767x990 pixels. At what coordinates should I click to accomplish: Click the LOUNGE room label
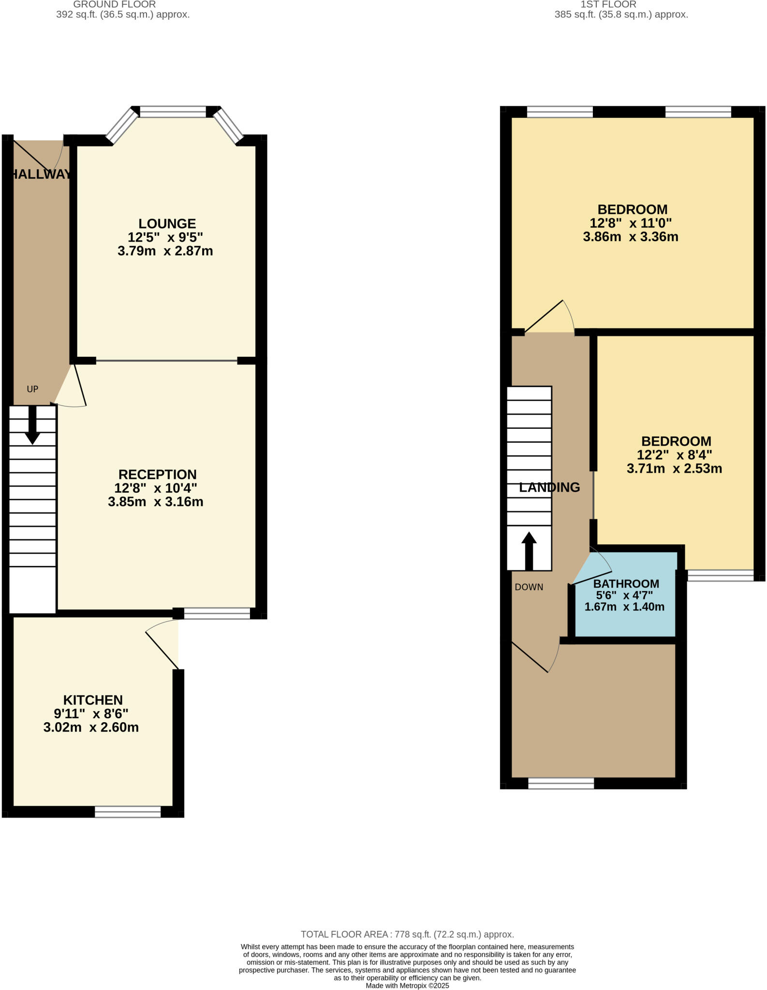pos(167,224)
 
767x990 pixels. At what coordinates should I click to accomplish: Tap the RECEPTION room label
pos(157,474)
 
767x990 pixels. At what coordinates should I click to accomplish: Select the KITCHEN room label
pos(93,700)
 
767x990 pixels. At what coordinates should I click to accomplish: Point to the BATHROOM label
pos(626,583)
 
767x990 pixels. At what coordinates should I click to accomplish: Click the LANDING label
pos(549,487)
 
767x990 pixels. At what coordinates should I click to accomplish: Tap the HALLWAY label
pos(41,175)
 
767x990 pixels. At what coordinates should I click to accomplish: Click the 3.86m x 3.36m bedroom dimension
pos(630,237)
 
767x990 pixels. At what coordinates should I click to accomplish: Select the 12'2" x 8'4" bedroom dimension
pos(674,455)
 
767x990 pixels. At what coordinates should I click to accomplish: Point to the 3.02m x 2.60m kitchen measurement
pos(91,728)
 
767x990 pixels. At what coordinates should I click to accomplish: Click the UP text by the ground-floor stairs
pos(32,389)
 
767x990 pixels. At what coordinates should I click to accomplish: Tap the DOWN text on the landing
pos(529,587)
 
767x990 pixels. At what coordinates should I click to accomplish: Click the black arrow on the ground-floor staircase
pos(32,425)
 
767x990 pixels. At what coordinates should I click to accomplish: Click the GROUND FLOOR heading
pos(114,4)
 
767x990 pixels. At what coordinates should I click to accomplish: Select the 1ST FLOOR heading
pos(608,4)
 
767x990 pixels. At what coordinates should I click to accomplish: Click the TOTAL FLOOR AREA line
pos(407,934)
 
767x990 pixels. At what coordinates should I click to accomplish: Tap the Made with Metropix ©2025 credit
pos(407,986)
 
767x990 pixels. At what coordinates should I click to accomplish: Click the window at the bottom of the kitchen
pos(128,812)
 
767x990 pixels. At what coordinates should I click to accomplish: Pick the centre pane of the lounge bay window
pos(173,112)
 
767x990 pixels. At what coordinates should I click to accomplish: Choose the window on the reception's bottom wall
pos(217,613)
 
